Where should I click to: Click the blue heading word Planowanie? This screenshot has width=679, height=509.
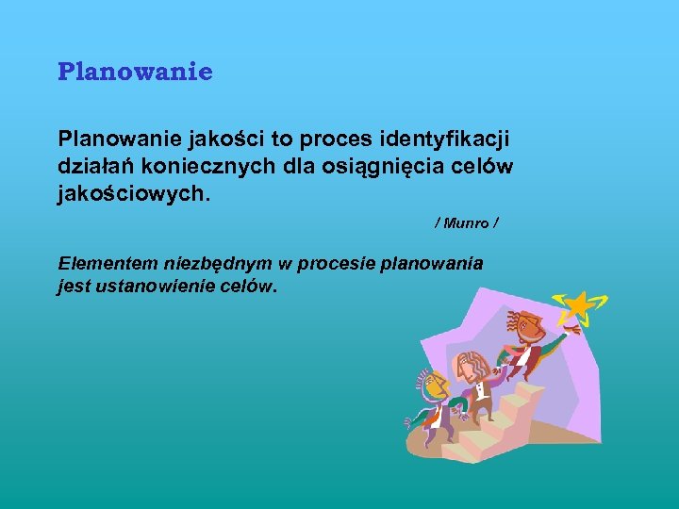135,72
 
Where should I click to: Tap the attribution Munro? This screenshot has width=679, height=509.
466,223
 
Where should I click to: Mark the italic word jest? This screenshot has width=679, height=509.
74,285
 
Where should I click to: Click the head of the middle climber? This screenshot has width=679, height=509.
470,365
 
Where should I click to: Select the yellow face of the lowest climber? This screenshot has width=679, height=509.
433,386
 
